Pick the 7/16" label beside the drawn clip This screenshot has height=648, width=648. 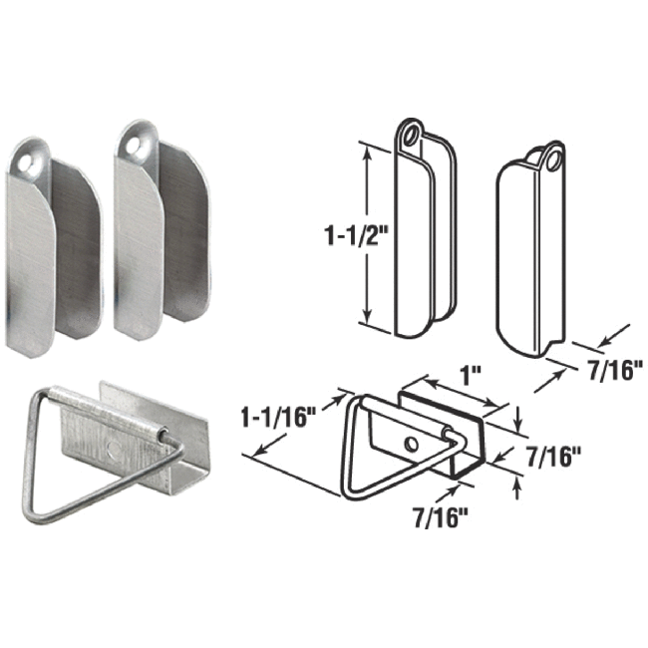coord(601,368)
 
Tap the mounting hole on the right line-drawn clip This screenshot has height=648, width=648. coord(548,157)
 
